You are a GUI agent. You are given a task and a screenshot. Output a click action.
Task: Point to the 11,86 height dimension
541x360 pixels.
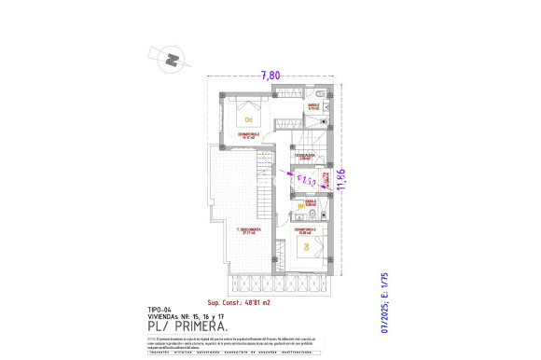(341, 177)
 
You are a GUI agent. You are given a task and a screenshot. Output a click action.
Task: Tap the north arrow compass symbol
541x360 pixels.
(170, 60)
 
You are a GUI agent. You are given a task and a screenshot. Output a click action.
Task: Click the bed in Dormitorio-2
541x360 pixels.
(249, 114)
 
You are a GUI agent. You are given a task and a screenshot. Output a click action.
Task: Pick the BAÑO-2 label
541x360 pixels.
(314, 107)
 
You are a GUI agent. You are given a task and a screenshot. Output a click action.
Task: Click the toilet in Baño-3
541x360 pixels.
(315, 215)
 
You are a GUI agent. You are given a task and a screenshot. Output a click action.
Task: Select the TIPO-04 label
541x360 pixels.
(160, 309)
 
